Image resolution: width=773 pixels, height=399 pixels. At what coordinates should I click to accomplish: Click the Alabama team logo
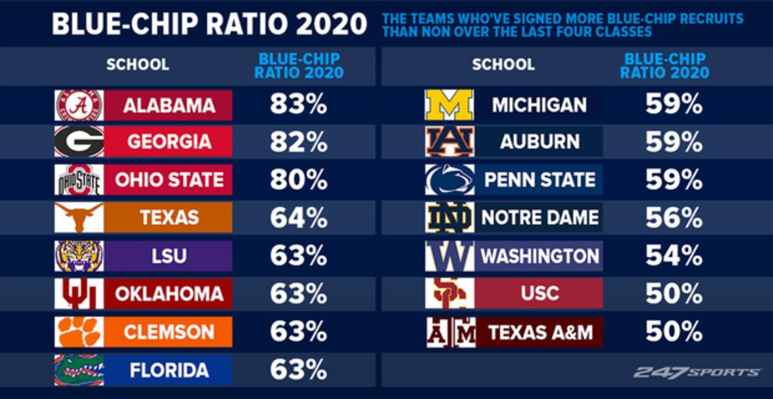tap(79, 105)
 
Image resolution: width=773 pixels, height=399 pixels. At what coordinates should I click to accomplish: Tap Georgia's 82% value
tap(298, 142)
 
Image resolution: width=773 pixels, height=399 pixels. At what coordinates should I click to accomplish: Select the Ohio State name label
tap(169, 180)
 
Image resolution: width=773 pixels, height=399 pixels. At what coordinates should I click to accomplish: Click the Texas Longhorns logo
tap(79, 218)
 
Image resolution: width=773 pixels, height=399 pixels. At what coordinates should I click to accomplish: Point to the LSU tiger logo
tap(79, 256)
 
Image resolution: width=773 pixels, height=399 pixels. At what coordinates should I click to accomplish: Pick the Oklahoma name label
tap(169, 294)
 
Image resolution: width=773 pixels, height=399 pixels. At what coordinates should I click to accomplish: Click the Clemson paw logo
tap(79, 332)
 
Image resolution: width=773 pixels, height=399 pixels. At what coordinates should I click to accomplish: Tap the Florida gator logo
tap(79, 370)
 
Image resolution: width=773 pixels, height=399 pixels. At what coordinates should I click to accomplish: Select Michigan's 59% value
tap(674, 105)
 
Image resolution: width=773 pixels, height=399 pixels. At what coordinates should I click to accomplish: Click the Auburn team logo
tap(450, 142)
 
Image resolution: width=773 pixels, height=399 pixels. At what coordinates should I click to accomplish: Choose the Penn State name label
tap(539, 180)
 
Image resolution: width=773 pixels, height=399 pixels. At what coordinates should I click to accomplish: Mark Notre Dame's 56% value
tap(674, 218)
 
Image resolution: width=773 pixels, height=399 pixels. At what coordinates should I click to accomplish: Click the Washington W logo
tap(450, 256)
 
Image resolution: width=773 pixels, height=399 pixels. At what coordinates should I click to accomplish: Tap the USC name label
tap(539, 294)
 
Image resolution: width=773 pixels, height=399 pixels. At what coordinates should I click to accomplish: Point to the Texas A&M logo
tap(450, 332)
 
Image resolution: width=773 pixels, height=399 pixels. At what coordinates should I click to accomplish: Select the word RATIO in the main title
tap(245, 24)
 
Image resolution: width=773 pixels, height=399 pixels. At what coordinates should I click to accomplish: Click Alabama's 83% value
tap(298, 105)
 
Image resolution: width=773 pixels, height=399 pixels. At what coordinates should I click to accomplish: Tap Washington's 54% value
tap(674, 256)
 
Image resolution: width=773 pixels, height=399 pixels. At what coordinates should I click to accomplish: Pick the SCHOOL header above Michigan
tap(503, 64)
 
